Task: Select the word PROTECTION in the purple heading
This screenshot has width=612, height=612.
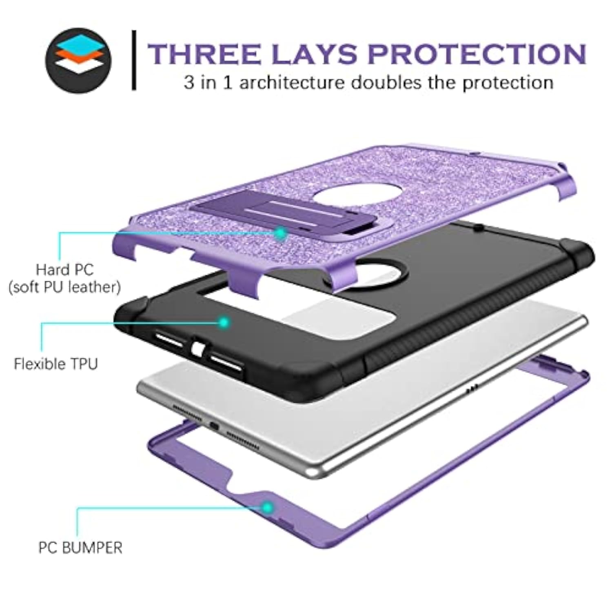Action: click(477, 54)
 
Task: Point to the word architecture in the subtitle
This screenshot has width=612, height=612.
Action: click(292, 82)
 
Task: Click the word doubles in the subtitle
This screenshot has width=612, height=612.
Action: click(386, 82)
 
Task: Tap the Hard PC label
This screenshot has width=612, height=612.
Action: click(65, 270)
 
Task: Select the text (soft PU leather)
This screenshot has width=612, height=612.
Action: click(64, 287)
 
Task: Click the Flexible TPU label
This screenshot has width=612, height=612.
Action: click(56, 364)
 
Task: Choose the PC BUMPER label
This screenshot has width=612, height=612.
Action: click(80, 548)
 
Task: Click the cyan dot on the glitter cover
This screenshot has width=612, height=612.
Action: click(280, 233)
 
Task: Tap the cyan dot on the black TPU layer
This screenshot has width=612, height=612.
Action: click(224, 322)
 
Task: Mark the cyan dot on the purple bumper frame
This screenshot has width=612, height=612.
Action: click(268, 508)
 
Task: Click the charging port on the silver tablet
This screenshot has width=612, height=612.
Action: click(214, 427)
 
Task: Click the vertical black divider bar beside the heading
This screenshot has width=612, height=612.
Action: click(134, 60)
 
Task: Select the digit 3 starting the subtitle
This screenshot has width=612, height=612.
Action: click(189, 83)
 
